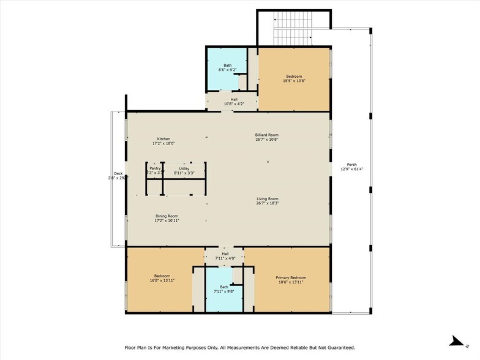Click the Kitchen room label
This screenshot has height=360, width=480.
[163, 139]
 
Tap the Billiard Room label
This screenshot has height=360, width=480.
[267, 135]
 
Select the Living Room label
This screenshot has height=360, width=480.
[267, 198]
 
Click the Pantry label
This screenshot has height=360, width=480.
[154, 168]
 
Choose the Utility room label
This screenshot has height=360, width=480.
[184, 168]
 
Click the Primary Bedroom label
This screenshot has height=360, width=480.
[291, 277]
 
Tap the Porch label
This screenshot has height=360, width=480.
[351, 165]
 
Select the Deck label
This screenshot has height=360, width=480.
[118, 173]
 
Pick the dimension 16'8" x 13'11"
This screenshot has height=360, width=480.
[162, 280]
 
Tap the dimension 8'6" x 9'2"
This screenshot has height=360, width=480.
[227, 70]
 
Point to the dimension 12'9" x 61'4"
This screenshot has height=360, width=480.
[351, 169]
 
